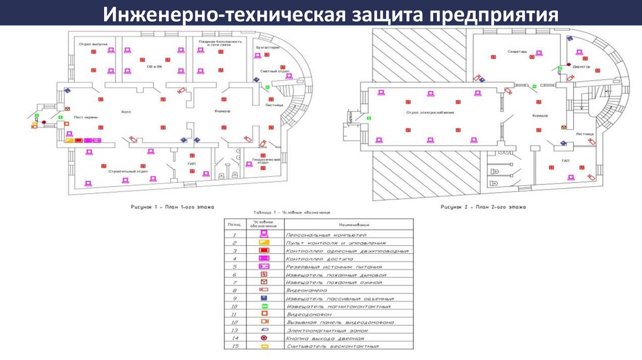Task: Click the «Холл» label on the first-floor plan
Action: (126, 112)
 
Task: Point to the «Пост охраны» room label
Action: (85, 117)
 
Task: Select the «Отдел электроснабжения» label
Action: (429, 112)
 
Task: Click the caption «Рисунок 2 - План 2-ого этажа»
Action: (483, 206)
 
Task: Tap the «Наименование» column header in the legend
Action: (354, 223)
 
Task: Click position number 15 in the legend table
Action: (235, 346)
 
